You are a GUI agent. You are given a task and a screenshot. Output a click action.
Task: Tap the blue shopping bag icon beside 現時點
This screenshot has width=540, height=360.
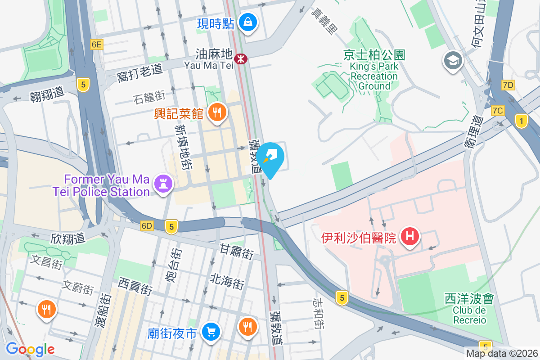[247, 21]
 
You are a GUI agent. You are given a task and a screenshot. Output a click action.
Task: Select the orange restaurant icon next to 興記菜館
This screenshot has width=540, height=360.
[217, 112]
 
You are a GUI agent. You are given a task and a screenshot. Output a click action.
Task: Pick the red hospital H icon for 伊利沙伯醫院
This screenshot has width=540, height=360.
[410, 236]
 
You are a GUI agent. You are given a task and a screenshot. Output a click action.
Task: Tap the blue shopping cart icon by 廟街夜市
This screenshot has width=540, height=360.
[210, 332]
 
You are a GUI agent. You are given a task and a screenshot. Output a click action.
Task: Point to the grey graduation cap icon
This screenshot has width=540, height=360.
[453, 61]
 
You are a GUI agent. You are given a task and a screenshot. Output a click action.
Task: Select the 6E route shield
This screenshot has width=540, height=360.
[96, 44]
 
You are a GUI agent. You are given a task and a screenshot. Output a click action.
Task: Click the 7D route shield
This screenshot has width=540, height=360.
[508, 85]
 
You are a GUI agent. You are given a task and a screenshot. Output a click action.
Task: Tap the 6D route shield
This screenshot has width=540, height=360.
[147, 225]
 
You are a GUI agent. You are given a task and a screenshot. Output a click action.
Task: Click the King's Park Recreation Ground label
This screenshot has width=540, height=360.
[374, 70]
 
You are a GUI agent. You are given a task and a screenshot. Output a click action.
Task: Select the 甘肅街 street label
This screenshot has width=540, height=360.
[236, 251]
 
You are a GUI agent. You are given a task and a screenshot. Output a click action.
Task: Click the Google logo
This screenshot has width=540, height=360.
[30, 349]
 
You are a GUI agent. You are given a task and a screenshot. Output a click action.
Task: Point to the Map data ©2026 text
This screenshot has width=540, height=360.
[502, 354]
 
